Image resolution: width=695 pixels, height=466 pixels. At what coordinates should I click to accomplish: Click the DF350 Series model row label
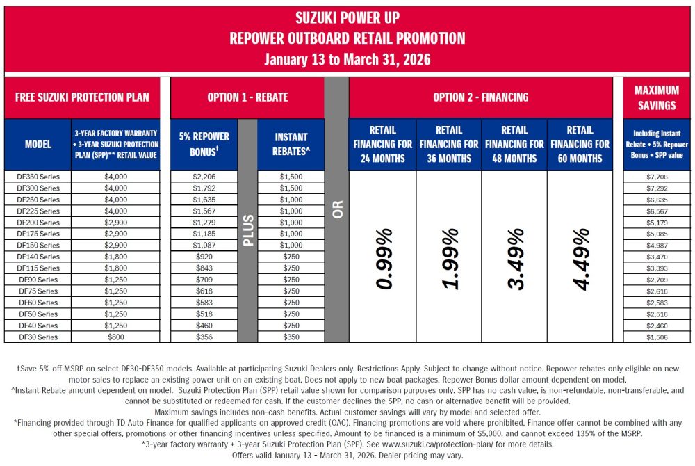coord(38,177)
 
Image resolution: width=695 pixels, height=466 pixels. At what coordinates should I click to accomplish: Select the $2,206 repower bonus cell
coord(204,177)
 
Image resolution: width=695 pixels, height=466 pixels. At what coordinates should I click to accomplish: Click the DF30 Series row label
coord(38,337)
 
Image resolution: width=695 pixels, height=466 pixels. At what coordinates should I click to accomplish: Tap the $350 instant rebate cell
coord(291,337)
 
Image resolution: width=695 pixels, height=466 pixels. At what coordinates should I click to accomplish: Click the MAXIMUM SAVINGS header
coord(657,97)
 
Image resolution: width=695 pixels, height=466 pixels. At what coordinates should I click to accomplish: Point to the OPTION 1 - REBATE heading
coord(247,97)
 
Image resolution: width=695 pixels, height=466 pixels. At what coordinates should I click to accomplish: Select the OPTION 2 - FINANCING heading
coord(480,97)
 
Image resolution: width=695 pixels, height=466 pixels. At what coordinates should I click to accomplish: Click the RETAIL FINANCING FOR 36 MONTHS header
coord(448,144)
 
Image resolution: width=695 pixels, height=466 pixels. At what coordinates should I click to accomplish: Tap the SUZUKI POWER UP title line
coord(347,17)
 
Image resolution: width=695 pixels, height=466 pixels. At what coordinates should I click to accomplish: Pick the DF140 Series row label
coord(38,257)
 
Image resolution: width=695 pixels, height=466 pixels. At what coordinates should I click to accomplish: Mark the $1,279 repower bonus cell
coord(204,223)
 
